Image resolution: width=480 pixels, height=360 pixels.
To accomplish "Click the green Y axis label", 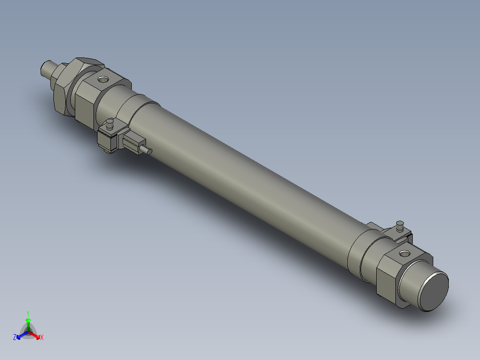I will point(28,313).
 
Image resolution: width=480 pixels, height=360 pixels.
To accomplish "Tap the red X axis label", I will point(41,338).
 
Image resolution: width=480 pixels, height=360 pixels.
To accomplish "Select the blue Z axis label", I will point(15,337).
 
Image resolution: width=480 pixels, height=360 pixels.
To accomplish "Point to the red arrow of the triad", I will point(36,335).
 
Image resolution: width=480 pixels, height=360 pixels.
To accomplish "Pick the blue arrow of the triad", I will point(20,335).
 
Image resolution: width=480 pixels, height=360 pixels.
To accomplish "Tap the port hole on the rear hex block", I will point(404,254).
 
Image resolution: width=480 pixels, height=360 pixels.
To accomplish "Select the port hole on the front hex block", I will point(103,80).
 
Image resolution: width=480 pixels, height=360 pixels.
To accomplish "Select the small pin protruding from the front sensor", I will point(147,151).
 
